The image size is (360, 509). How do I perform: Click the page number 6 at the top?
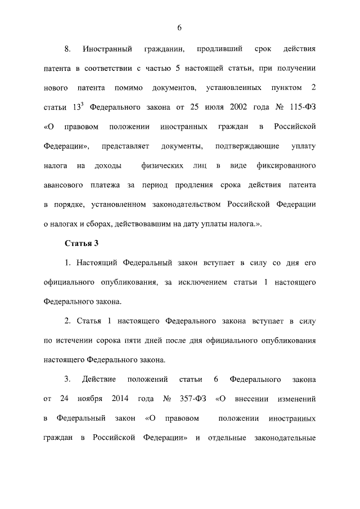[x=179, y=28]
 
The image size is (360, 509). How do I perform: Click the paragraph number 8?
[x=67, y=49]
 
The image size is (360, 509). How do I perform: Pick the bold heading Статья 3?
[x=82, y=243]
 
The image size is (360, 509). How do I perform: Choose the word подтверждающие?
[x=247, y=146]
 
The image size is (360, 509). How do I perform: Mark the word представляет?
[x=125, y=146]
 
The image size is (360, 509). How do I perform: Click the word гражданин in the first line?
[x=164, y=49]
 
